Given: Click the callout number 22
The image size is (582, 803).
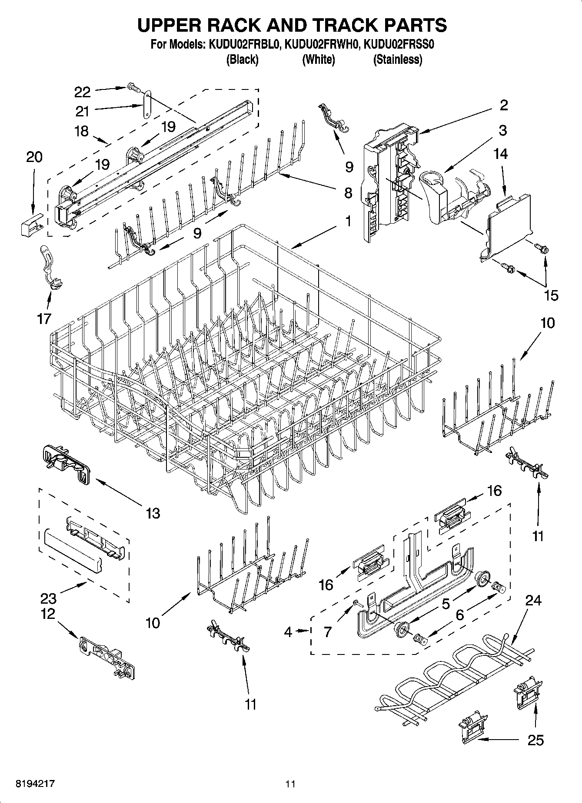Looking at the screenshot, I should pyautogui.click(x=83, y=92).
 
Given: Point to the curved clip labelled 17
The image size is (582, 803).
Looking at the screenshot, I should pyautogui.click(x=51, y=267).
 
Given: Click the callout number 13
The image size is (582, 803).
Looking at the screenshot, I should pyautogui.click(x=153, y=513).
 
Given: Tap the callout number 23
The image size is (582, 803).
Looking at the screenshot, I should pyautogui.click(x=48, y=598).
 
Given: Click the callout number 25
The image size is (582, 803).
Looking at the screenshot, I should pyautogui.click(x=535, y=740).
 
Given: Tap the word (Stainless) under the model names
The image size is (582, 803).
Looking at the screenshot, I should pyautogui.click(x=397, y=59).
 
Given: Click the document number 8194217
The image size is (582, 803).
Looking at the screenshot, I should pyautogui.click(x=36, y=783).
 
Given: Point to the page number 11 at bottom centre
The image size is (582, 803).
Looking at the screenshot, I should pyautogui.click(x=290, y=783).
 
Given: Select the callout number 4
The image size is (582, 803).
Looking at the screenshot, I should pyautogui.click(x=288, y=631).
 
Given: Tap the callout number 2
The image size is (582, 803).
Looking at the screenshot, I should pyautogui.click(x=503, y=105).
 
